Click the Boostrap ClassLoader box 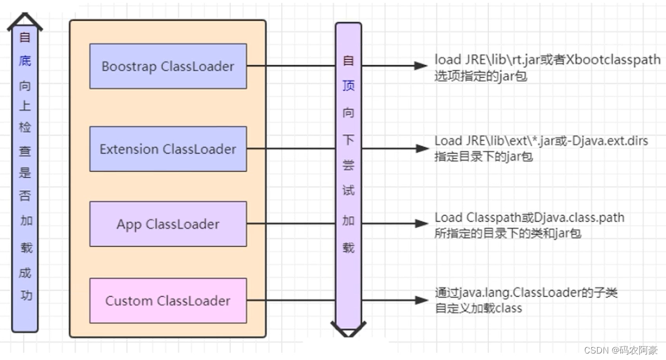pyautogui.click(x=168, y=66)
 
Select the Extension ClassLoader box pyautogui.click(x=168, y=149)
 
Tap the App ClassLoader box pyautogui.click(x=168, y=224)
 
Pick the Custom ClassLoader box pyautogui.click(x=168, y=301)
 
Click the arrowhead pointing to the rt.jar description pyautogui.click(x=420, y=66)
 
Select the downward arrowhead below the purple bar pyautogui.click(x=348, y=329)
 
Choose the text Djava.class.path pyautogui.click(x=578, y=217)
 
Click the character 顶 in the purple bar pyautogui.click(x=348, y=87)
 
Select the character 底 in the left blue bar pyautogui.click(x=25, y=61)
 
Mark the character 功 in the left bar pyautogui.click(x=25, y=295)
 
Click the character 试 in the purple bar pyautogui.click(x=348, y=191)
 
